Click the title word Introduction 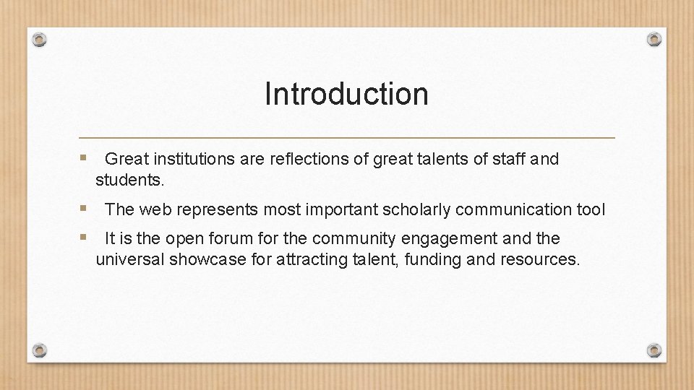(346, 94)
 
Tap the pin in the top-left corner (40, 38)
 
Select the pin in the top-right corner (654, 38)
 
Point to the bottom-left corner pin (40, 350)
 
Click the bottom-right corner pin (654, 350)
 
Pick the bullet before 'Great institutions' (84, 157)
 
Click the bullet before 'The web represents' (84, 208)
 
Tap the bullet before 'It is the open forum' (84, 237)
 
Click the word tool (590, 210)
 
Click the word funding (433, 260)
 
